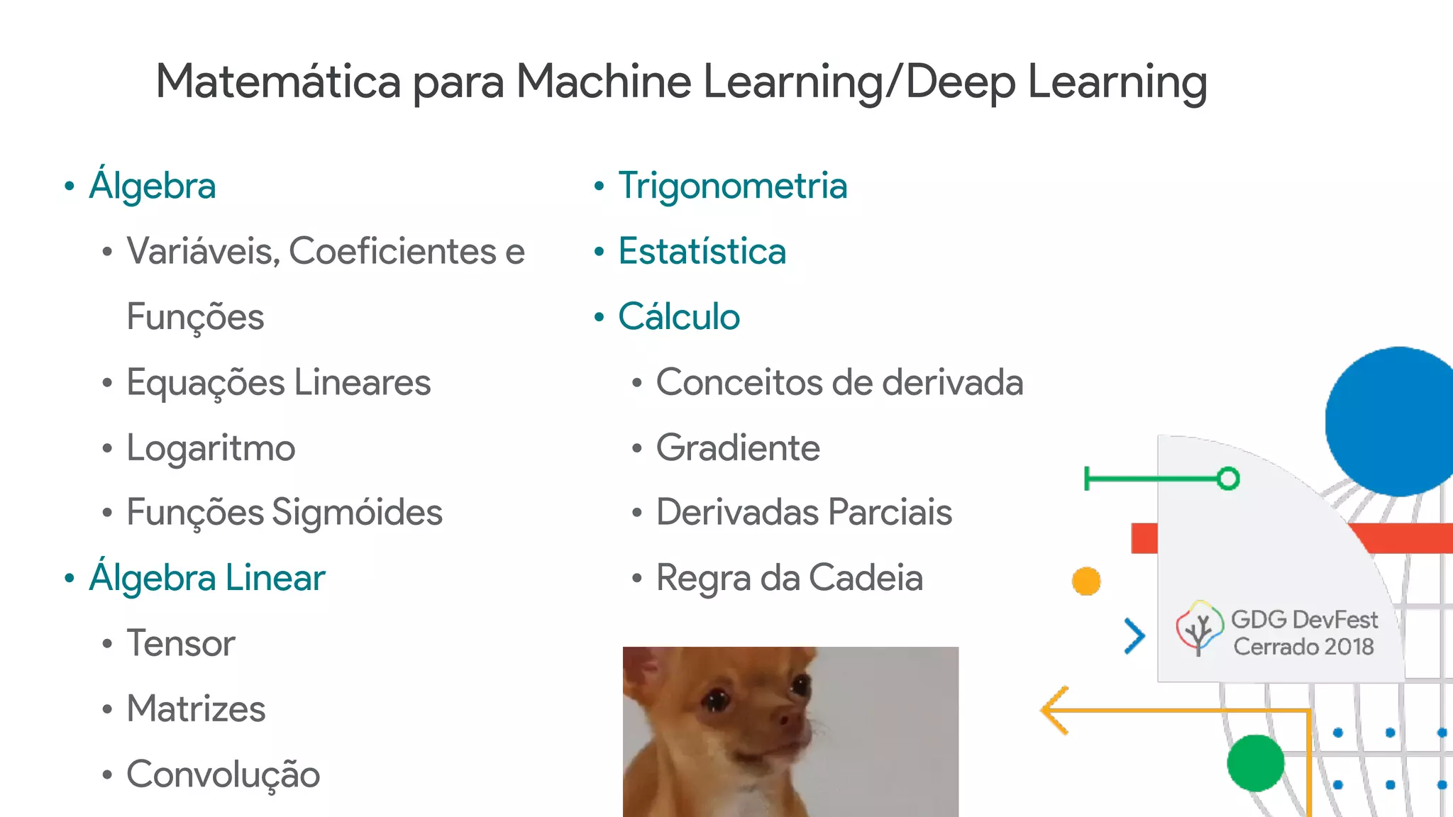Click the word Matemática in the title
coord(279,82)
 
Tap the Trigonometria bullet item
coord(732,186)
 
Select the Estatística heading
coord(702,252)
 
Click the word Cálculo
coord(678,317)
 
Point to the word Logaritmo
coord(211,448)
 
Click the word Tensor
coord(180,644)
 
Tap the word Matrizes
coord(196,709)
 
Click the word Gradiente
coord(738,448)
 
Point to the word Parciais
coord(890,513)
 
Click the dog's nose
coord(786,718)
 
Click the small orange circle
coord(1086,582)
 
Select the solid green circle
coord(1255,763)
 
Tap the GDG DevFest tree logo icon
coord(1199,628)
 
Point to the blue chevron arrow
coord(1134,635)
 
